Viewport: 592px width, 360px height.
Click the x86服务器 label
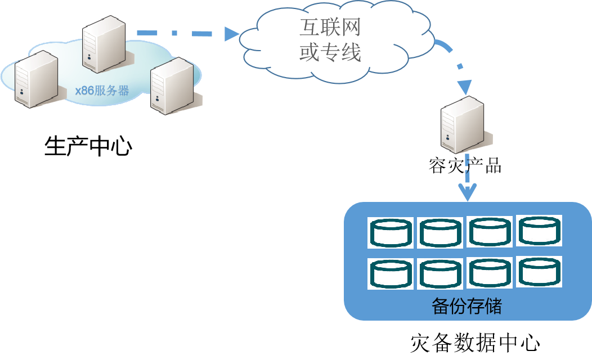click(x=102, y=91)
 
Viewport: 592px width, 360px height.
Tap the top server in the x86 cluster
click(x=104, y=46)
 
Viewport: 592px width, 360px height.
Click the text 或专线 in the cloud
click(x=330, y=53)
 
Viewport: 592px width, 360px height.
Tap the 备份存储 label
click(x=467, y=307)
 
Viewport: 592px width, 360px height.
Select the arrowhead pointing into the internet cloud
click(x=231, y=34)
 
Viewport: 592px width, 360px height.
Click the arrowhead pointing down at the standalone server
click(x=464, y=88)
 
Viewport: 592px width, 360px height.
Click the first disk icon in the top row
click(x=391, y=232)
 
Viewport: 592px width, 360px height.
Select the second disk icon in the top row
click(x=440, y=233)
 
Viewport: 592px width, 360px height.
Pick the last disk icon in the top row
click(x=539, y=230)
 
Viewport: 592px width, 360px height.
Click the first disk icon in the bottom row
click(x=391, y=273)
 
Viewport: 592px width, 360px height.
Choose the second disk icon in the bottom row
click(x=440, y=274)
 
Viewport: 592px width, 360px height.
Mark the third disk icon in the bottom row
click(x=490, y=273)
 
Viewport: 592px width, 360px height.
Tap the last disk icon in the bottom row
click(x=539, y=272)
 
